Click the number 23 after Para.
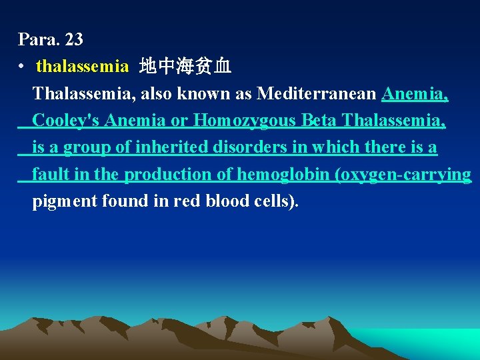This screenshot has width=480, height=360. [74, 39]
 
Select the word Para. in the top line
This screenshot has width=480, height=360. [39, 39]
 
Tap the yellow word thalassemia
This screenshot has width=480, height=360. [82, 67]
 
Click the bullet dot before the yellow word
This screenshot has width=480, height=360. [23, 67]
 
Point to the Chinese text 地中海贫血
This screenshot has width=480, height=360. [185, 67]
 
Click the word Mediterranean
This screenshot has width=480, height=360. [317, 94]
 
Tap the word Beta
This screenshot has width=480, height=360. [319, 121]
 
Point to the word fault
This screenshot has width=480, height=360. [49, 175]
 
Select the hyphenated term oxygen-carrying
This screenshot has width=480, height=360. [404, 175]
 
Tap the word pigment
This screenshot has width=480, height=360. [65, 201]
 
